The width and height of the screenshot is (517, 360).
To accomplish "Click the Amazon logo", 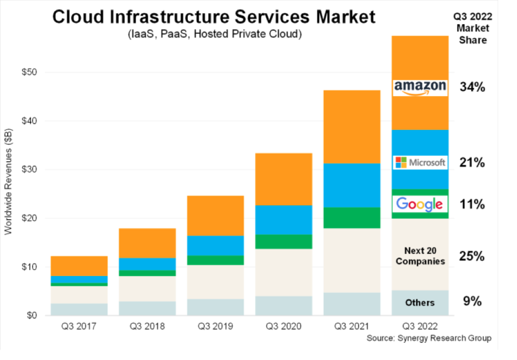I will pos(420,88).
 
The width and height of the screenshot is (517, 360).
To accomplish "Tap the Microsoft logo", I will pos(420,162).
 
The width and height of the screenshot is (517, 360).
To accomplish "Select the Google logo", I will pos(420,204).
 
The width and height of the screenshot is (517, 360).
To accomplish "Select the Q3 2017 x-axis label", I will pos(78,326).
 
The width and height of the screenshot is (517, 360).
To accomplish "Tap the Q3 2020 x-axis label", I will pos(283,326).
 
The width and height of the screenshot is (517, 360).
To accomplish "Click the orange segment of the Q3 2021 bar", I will pos(352,126).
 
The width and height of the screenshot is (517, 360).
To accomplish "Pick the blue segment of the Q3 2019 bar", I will pos(215,246).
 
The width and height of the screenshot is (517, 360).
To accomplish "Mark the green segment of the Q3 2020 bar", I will pos(283,241).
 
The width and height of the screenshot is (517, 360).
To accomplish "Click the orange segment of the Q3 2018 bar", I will pos(147,243).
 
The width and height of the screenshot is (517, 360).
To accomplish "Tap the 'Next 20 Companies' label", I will pos(420,256).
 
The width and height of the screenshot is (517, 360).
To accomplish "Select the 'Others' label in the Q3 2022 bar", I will pos(420,303).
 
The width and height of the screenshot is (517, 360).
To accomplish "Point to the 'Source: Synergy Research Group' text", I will pos(429,338).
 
